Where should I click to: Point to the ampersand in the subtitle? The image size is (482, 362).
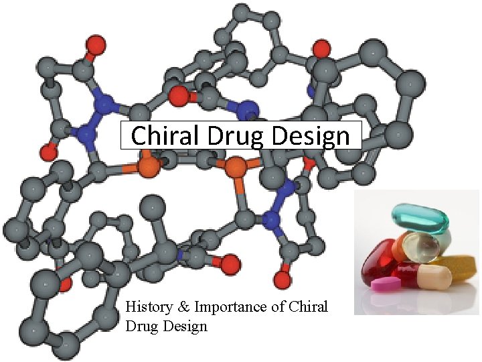point(183,307)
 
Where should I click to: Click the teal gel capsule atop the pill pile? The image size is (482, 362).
point(420,219)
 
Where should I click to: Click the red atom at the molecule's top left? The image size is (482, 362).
point(96,46)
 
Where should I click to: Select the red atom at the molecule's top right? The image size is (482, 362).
point(322,48)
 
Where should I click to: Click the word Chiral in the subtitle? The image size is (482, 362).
point(308,307)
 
